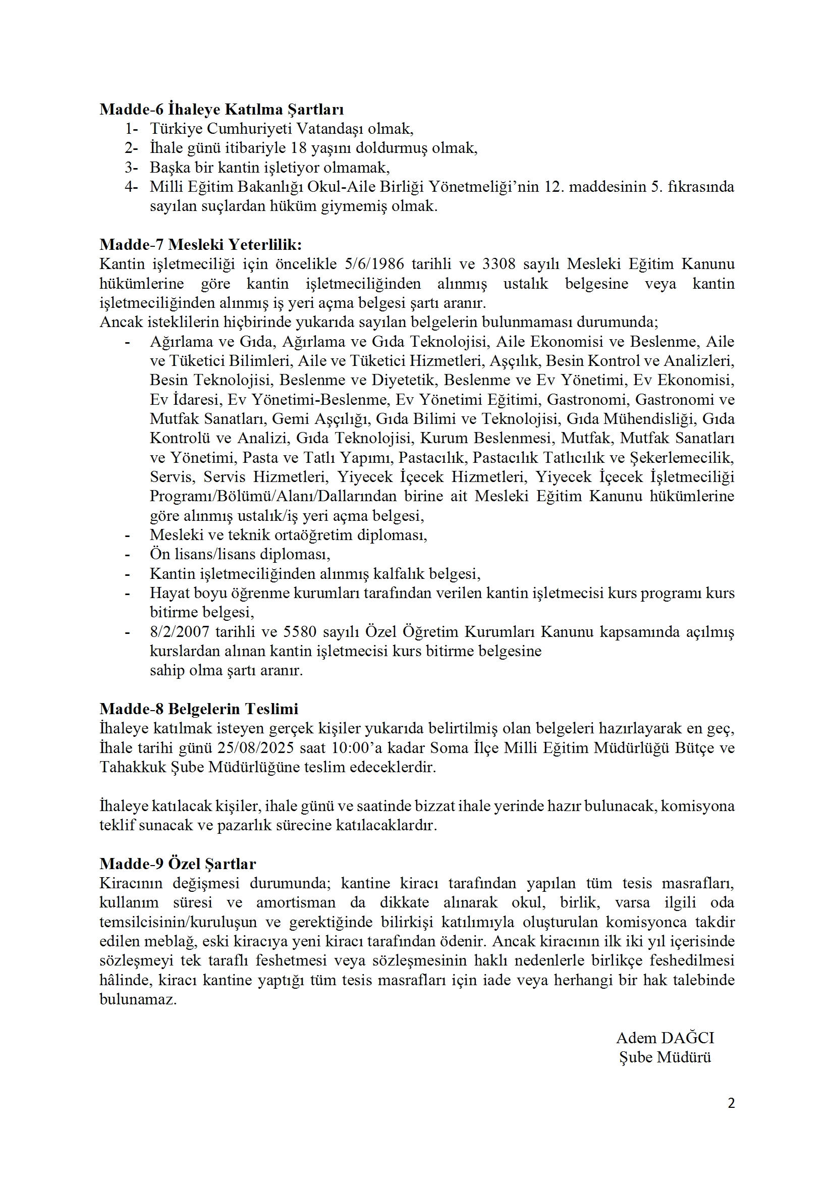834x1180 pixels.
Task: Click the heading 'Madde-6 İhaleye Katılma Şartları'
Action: pyautogui.click(x=221, y=110)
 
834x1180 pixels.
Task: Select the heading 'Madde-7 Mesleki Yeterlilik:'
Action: pyautogui.click(x=200, y=245)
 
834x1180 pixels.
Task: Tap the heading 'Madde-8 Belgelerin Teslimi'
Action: pyautogui.click(x=199, y=709)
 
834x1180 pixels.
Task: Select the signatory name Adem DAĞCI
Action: pyautogui.click(x=665, y=1038)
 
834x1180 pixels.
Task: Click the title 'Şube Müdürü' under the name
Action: pyautogui.click(x=665, y=1057)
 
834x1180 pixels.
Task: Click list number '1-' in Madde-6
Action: pyautogui.click(x=131, y=129)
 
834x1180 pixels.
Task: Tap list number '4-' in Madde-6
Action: pyautogui.click(x=131, y=187)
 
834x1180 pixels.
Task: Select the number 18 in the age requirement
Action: pyautogui.click(x=299, y=148)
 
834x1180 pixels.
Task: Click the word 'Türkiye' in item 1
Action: pyautogui.click(x=175, y=129)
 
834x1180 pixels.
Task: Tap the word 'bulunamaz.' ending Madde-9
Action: pyautogui.click(x=138, y=1000)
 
